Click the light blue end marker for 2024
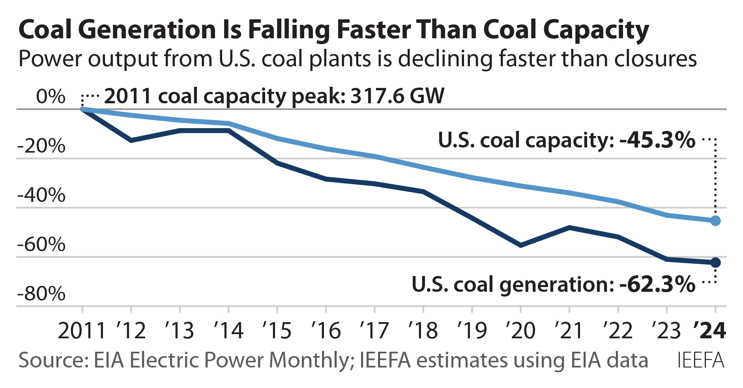pyautogui.click(x=715, y=221)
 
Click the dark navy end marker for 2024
pyautogui.click(x=715, y=263)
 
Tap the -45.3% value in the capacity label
pyautogui.click(x=657, y=140)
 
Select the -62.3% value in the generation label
pyautogui.click(x=657, y=284)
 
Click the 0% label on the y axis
pyautogui.click(x=51, y=97)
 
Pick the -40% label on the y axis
pyautogui.click(x=41, y=195)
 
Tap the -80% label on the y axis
pyautogui.click(x=41, y=294)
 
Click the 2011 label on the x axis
pyautogui.click(x=82, y=330)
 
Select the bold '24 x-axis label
pyautogui.click(x=709, y=330)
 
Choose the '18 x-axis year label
pyautogui.click(x=423, y=330)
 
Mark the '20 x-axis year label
pyautogui.click(x=520, y=330)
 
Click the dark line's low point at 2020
pyautogui.click(x=521, y=245)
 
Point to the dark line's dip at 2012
pyautogui.click(x=131, y=140)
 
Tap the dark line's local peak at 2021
pyautogui.click(x=569, y=228)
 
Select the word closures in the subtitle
pyautogui.click(x=655, y=59)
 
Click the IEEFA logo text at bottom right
pyautogui.click(x=701, y=360)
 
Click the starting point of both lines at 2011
pyautogui.click(x=82, y=109)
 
